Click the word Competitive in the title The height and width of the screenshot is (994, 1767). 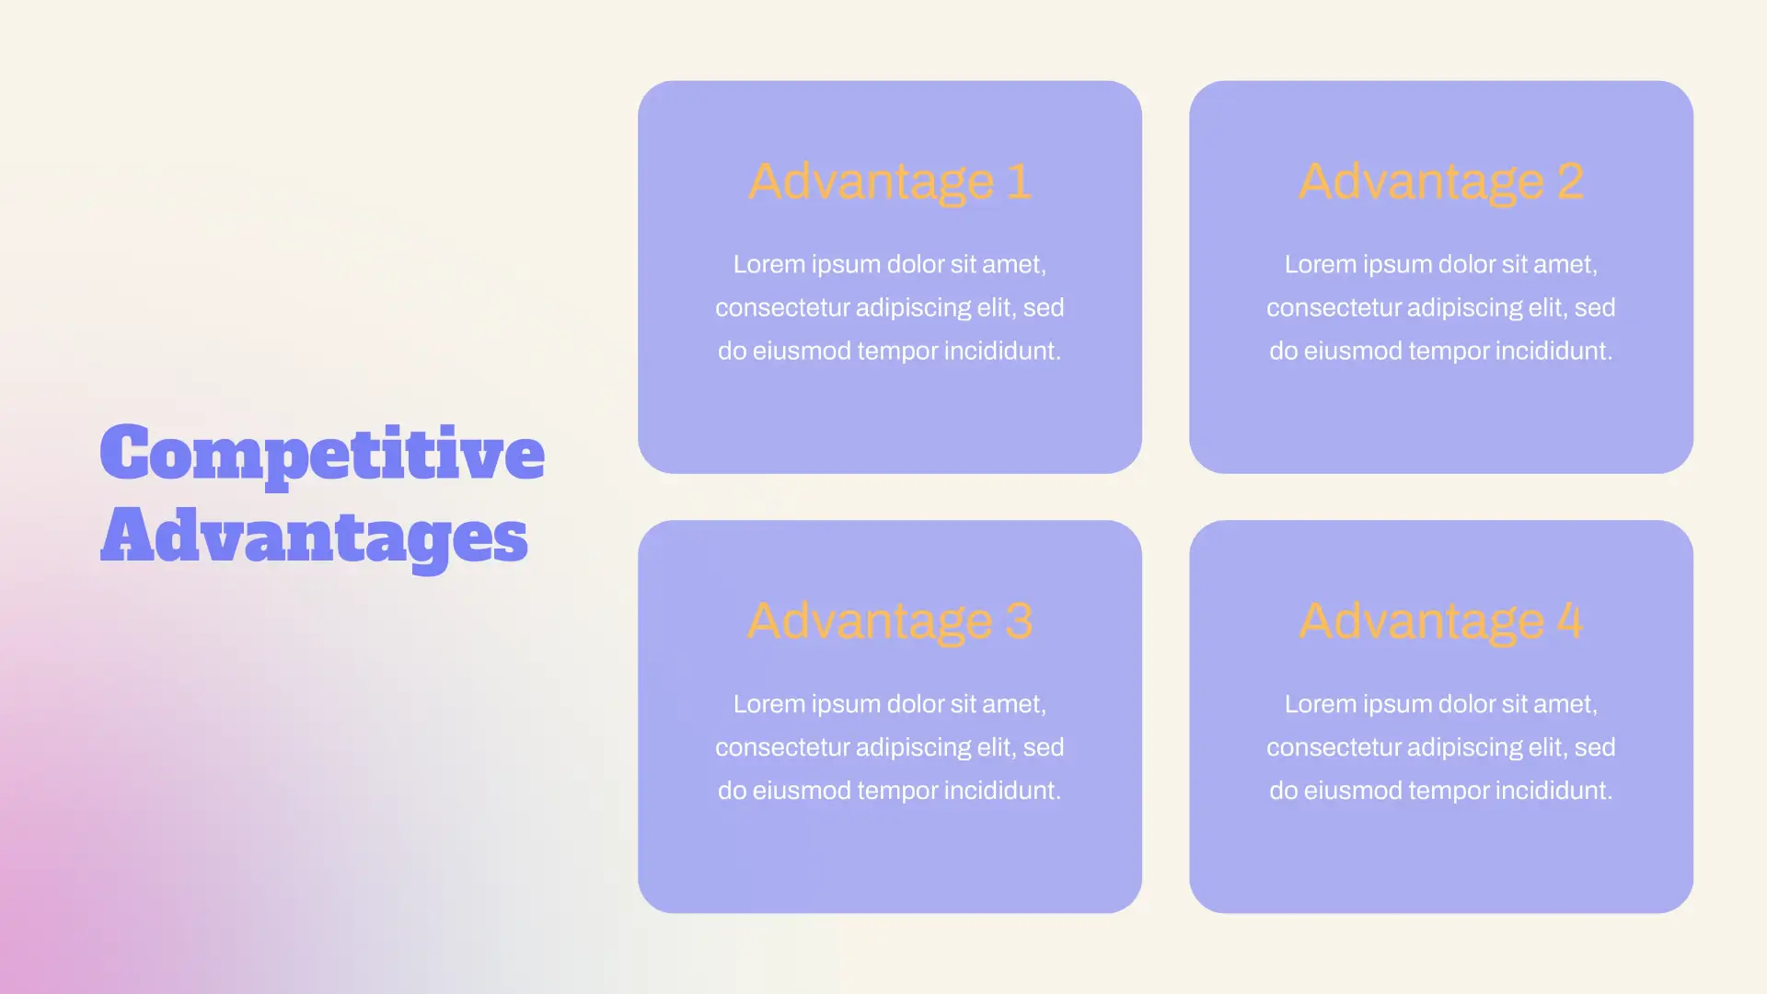[x=322, y=454]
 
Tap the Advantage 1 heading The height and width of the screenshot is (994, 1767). [x=889, y=182]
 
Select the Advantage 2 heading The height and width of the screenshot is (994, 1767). [x=1441, y=182]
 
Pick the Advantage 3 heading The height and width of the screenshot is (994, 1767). [x=889, y=622]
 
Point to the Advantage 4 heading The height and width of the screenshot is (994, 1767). [x=1440, y=622]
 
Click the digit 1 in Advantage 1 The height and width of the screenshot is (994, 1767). [x=1019, y=181]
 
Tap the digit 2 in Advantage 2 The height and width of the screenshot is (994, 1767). [x=1570, y=181]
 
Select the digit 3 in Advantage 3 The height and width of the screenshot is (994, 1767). [x=1019, y=621]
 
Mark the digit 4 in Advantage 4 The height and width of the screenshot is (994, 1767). [x=1569, y=621]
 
